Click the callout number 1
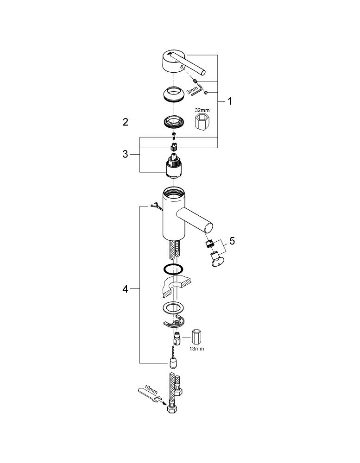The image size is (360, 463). click(229, 101)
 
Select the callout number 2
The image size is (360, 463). click(126, 122)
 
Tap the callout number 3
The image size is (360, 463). click(125, 154)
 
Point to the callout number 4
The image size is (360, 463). click(125, 289)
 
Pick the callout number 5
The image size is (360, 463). click(232, 241)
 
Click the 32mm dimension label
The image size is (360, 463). click(202, 110)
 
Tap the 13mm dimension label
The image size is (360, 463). click(196, 349)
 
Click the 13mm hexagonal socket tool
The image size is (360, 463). click(196, 337)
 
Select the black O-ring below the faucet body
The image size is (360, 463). click(173, 269)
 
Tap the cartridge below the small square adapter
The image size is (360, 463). click(173, 166)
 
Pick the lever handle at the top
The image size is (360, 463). click(180, 63)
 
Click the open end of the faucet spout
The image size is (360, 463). click(208, 229)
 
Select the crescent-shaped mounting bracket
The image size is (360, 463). click(173, 322)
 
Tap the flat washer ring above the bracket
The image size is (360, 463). click(173, 308)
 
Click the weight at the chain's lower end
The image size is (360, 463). click(173, 363)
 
